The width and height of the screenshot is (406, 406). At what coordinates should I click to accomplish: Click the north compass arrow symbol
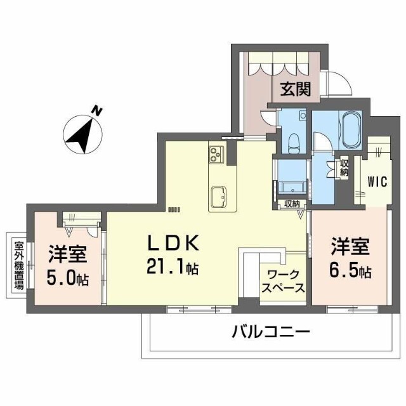82,134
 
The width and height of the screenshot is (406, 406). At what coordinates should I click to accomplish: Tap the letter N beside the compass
96,111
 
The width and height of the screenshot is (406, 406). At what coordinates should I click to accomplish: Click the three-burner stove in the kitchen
216,154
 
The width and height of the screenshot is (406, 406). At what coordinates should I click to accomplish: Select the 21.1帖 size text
173,268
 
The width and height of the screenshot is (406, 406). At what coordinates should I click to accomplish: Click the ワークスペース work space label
284,282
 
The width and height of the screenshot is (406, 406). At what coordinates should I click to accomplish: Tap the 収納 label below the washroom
292,204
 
